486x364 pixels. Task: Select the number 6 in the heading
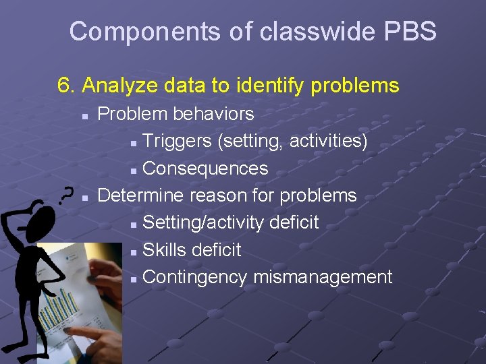[x=65, y=86]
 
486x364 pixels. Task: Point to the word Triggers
[x=178, y=142]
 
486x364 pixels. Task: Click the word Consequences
[x=205, y=169]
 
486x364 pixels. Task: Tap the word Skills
[x=165, y=249]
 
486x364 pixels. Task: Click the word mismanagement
[x=323, y=277]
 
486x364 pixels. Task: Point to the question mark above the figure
[x=66, y=195]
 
